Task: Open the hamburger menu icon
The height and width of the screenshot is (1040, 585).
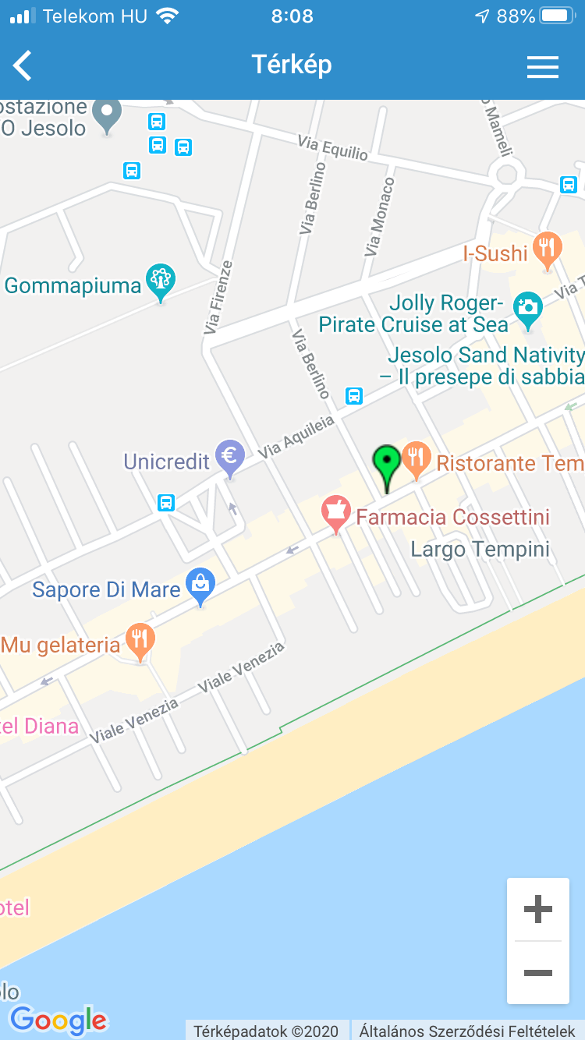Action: coord(542,67)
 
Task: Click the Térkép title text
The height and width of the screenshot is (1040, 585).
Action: coord(292,65)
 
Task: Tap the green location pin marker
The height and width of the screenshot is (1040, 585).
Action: coord(386,465)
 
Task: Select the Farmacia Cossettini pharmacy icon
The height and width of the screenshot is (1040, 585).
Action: coord(335,512)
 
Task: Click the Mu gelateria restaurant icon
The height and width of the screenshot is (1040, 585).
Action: coord(140,640)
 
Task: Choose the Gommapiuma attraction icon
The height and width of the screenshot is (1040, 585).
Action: coord(161,281)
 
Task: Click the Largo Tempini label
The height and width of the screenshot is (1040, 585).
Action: coord(480,550)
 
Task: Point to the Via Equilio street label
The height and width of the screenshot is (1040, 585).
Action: coord(332,147)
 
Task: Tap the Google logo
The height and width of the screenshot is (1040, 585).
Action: coord(58,1019)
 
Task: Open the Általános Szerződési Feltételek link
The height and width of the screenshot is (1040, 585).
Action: coord(467,1031)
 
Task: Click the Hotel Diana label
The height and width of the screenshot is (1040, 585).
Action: coord(39,727)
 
